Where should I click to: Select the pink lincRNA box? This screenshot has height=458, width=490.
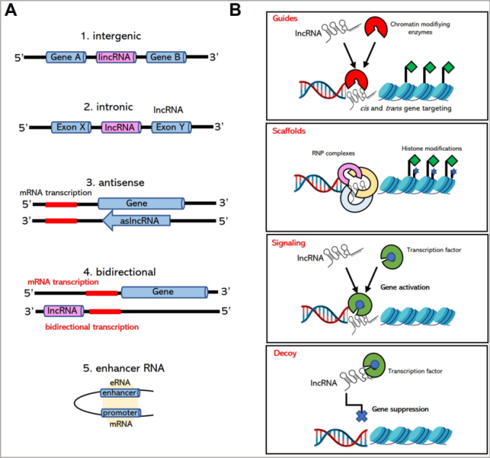pos(116,57)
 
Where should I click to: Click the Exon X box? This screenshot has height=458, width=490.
pos(72,127)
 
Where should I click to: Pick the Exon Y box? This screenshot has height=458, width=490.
pos(171,127)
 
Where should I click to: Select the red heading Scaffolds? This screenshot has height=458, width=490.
pos(290,132)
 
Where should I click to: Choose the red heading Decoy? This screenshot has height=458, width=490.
pos(284,354)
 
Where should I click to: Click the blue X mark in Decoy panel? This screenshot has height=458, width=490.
pos(361,416)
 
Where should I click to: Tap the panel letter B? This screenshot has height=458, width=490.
pos(235,11)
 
